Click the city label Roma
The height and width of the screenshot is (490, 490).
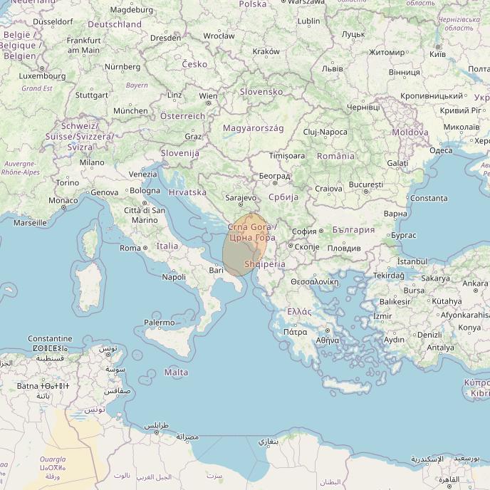[130, 248]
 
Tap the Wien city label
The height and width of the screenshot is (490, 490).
[209, 96]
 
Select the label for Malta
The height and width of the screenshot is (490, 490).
[177, 372]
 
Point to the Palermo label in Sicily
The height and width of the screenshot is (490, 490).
[160, 323]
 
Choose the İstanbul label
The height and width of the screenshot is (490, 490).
[412, 261]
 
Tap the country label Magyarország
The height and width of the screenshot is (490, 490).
[253, 128]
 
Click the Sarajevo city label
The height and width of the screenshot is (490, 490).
[240, 197]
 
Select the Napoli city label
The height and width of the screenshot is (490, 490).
[174, 277]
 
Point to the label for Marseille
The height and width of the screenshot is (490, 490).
[30, 223]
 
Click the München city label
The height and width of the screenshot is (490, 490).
[130, 111]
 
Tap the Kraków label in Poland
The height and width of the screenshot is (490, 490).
[266, 51]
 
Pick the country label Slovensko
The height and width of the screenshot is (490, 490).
[261, 92]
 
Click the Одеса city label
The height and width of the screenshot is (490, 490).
[441, 150]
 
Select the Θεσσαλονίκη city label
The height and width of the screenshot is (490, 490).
[314, 281]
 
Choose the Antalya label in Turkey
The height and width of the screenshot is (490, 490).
[439, 348]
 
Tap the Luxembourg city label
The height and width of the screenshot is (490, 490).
[41, 75]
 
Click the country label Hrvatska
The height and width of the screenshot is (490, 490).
[188, 192]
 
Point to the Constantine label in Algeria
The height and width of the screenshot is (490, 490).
[50, 338]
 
